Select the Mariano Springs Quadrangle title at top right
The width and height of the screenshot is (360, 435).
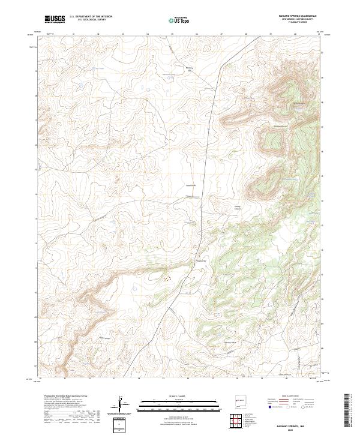298,14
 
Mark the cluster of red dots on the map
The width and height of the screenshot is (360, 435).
166,278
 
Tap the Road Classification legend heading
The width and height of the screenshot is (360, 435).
287,397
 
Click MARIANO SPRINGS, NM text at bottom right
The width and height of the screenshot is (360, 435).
296,425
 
